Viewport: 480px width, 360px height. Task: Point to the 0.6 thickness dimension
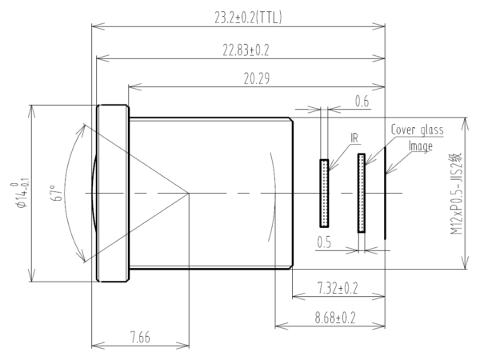(x=362, y=101)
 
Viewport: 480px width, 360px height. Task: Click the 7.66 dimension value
(x=140, y=338)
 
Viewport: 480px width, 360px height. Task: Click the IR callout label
(x=354, y=138)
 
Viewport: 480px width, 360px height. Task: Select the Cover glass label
(x=417, y=130)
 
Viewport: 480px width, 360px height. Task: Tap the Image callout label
(x=421, y=146)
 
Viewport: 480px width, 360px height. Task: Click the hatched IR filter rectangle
(x=324, y=192)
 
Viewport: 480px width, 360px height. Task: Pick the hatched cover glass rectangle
(x=362, y=192)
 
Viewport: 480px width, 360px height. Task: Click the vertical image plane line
(x=385, y=192)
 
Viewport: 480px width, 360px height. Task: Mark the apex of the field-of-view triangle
(x=189, y=192)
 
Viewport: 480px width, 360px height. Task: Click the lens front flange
(x=113, y=193)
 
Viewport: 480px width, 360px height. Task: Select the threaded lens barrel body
(x=210, y=193)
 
